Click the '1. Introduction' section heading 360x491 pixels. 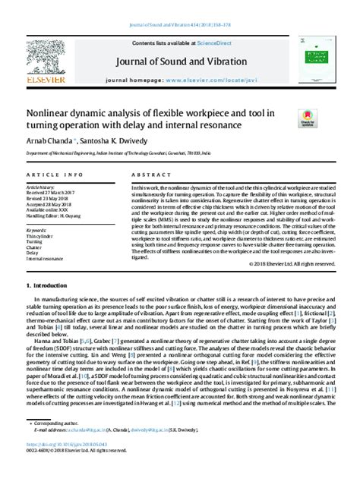(x=50, y=306)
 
